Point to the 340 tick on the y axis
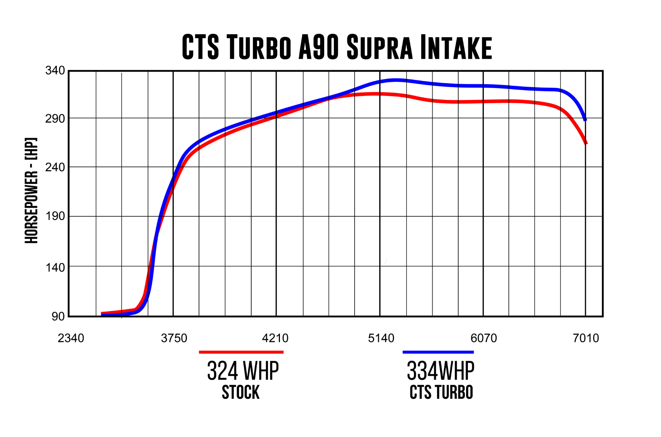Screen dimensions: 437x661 [x=55, y=71]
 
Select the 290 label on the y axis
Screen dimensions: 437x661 [x=55, y=119]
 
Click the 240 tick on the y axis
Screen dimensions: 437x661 [x=55, y=167]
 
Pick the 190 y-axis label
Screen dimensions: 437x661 [x=55, y=216]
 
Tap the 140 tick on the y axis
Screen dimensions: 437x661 [x=55, y=267]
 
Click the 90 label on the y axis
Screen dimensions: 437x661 [x=58, y=316]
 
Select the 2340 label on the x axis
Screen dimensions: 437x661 [x=71, y=338]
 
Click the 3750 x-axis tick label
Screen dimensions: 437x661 [x=174, y=338]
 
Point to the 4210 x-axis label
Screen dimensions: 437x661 [x=275, y=338]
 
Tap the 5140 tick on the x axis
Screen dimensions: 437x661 [x=381, y=338]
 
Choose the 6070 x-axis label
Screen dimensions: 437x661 [x=484, y=338]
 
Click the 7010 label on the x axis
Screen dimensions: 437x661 [x=586, y=338]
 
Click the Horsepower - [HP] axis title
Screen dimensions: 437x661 [x=32, y=190]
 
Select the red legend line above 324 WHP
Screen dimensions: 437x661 [x=241, y=352]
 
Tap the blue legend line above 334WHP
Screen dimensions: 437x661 [x=438, y=352]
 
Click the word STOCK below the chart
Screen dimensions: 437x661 [x=241, y=393]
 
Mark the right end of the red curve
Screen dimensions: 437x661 [x=586, y=143]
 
